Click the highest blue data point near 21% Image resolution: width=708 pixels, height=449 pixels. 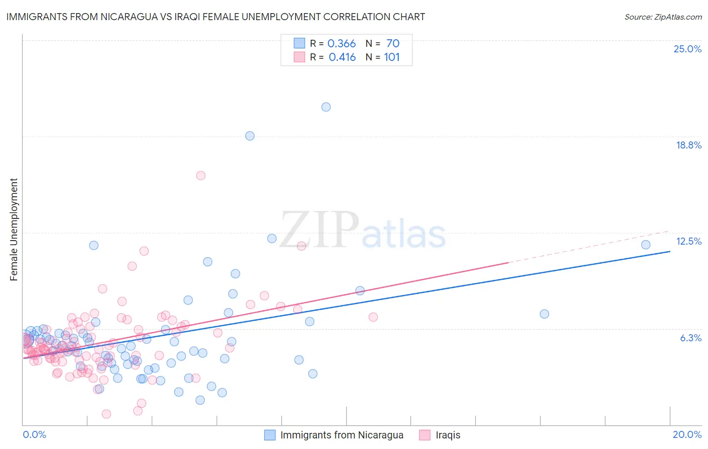click(326, 107)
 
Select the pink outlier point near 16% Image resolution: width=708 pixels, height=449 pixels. click(200, 176)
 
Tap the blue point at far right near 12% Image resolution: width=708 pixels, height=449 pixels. click(646, 245)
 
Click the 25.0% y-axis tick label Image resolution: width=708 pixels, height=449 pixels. click(687, 49)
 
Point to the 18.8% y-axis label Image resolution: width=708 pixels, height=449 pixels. click(688, 145)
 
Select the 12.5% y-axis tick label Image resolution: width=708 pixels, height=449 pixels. click(688, 241)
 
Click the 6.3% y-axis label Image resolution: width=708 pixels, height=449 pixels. click(690, 338)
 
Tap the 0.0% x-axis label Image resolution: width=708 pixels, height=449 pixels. click(34, 434)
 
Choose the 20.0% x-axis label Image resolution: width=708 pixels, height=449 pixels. click(687, 434)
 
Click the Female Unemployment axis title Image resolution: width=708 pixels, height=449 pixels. click(14, 230)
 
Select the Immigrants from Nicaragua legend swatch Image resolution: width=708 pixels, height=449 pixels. click(270, 435)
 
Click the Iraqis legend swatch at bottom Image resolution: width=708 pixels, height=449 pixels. click(425, 435)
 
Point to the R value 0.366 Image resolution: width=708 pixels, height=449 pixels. click(341, 44)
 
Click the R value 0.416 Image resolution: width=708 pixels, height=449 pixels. click(342, 57)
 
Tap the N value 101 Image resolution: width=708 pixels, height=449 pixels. click(392, 57)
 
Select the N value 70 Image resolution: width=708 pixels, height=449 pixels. click(393, 44)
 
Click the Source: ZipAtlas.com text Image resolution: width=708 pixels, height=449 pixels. click(663, 17)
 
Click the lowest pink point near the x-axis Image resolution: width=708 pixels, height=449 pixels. click(106, 414)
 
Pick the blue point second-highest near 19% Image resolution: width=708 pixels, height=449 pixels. click(250, 136)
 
